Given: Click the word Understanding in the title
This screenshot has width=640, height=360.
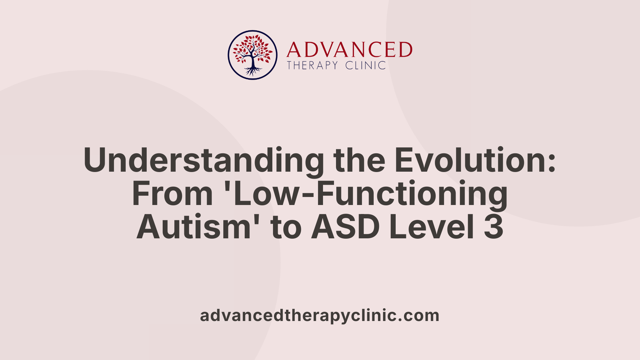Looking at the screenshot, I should (x=204, y=161).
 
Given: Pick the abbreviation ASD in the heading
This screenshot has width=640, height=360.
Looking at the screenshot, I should (x=345, y=227).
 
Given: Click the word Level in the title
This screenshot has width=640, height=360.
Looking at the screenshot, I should (x=431, y=227).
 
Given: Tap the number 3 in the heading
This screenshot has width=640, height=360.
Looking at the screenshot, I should (x=494, y=227).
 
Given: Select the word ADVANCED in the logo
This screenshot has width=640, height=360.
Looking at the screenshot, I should (x=349, y=50).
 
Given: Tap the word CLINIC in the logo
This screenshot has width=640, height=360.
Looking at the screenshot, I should (x=365, y=65).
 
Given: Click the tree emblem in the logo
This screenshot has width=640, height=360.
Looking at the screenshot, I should (x=253, y=55).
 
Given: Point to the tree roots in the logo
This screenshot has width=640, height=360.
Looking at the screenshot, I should (x=253, y=71).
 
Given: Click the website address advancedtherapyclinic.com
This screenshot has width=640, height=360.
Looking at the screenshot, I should (x=320, y=315).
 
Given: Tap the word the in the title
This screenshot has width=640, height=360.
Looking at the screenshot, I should (x=359, y=160).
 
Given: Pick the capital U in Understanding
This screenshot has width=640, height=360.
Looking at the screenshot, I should (x=97, y=160).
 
